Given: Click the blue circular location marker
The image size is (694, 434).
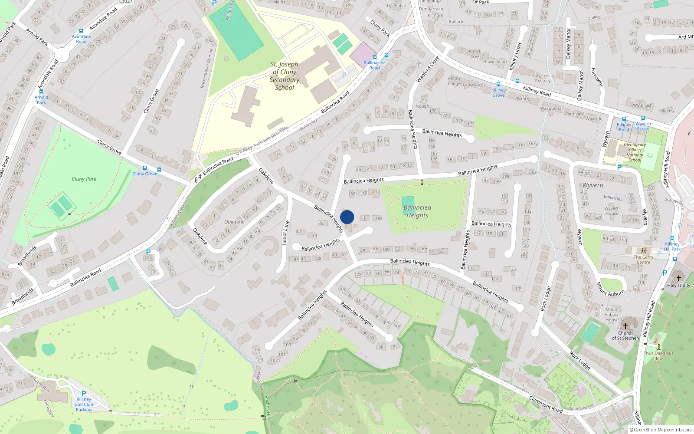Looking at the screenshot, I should point(347,217).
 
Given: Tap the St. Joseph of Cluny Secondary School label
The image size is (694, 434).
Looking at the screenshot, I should point(285,76).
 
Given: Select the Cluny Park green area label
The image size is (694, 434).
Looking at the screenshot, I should point(84,179).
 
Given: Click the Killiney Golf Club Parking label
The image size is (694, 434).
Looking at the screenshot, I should point(84,404).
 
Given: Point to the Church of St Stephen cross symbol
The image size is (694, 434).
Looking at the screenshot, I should point(625,325).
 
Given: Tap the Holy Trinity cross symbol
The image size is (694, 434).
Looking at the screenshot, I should point(679,278).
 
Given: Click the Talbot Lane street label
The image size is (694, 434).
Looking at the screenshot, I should point(286,233).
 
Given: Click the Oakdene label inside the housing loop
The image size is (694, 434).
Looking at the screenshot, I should point(234,222).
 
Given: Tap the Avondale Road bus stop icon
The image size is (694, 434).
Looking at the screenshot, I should point(81,31).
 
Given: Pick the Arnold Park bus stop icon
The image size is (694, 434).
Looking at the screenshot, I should point(41,92).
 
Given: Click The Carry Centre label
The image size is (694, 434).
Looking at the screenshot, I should point(643,260).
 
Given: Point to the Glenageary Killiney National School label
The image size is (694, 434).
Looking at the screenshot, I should point(635,152).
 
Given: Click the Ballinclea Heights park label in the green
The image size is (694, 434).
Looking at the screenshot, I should point(417,211).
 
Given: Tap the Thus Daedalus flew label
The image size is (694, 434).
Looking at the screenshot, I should point(658,356).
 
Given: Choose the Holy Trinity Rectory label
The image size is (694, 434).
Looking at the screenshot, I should point(543,78).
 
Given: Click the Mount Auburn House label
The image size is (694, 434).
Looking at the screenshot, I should point(612,315).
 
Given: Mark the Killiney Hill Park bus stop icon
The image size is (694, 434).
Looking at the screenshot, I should point(672,238).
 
